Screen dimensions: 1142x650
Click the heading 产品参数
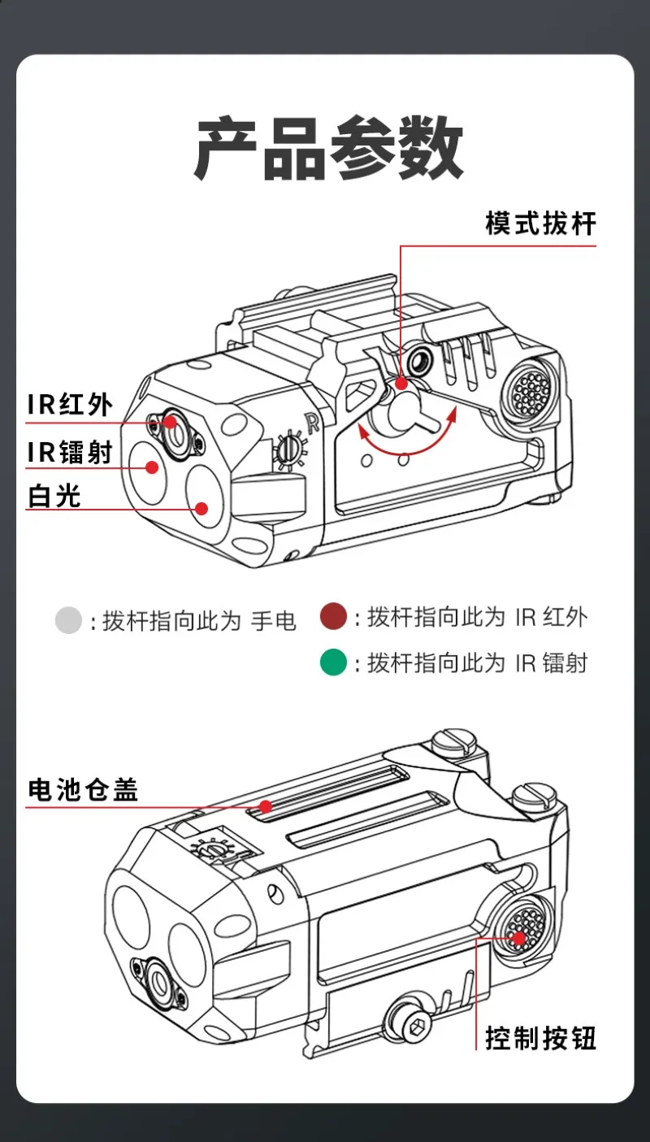328,149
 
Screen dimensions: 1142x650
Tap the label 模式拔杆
540,224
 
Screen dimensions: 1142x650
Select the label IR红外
70,404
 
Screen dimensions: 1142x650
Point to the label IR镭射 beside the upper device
70,452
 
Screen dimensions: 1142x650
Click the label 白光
54,495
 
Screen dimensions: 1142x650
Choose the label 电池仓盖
82,789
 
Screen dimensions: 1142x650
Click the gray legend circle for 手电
69,621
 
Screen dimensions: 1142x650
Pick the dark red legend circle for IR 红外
333,617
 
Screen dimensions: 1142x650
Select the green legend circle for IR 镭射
333,662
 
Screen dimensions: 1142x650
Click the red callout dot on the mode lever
401,383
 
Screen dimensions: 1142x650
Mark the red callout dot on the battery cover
265,806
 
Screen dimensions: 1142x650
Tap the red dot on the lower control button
518,938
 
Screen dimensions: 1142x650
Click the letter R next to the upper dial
308,421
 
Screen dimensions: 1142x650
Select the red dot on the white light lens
201,509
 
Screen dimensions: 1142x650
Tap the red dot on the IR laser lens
151,466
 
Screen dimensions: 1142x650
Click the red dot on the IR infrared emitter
170,421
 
